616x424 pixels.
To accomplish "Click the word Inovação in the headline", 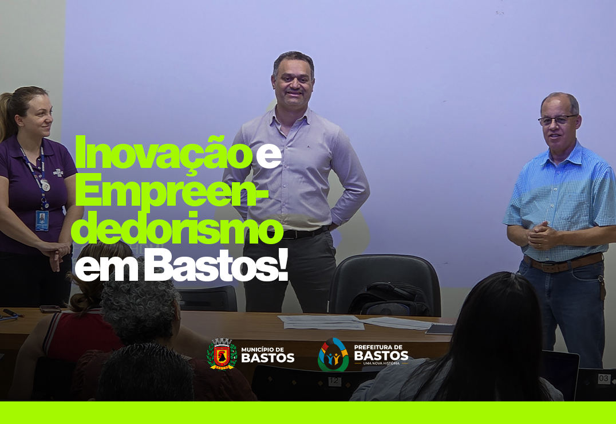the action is (163, 152).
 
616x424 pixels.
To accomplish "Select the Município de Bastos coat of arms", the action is (222, 354).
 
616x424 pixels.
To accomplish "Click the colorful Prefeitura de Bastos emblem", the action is (333, 354).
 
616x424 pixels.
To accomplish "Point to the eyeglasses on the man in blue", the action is (557, 120).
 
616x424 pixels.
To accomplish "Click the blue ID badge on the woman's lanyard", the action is (42, 221).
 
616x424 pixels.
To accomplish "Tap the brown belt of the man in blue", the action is (563, 264).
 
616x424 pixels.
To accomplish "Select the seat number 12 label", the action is (334, 380).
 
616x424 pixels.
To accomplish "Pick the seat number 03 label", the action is (604, 379).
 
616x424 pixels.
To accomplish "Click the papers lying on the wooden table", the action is (322, 322).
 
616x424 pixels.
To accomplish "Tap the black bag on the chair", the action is (389, 299).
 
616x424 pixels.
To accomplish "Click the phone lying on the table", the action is (50, 309).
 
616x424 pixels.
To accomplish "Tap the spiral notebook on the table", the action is (440, 329).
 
